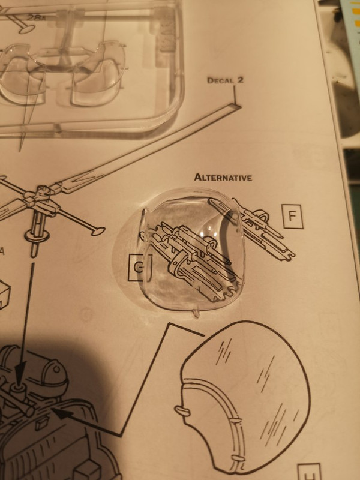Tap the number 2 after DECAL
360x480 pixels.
[239, 79]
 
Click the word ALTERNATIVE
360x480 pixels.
[222, 178]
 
